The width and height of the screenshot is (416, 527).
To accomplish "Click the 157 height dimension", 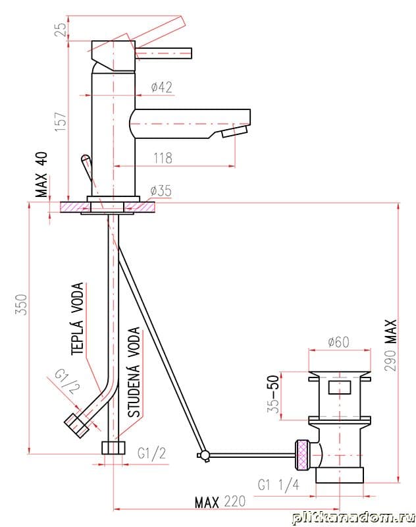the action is pyautogui.click(x=61, y=121).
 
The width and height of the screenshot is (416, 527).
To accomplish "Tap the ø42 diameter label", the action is pyautogui.click(x=161, y=88).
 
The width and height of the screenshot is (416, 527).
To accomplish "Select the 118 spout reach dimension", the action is pyautogui.click(x=163, y=158).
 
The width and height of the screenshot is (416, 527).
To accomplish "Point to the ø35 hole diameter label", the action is pyautogui.click(x=161, y=190).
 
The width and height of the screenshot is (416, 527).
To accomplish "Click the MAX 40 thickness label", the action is pyautogui.click(x=42, y=175).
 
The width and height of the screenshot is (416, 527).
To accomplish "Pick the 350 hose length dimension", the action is pyautogui.click(x=22, y=304).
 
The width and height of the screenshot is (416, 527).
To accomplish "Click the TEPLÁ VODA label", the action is pyautogui.click(x=77, y=318).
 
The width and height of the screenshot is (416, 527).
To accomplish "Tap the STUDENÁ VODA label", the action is pyautogui.click(x=134, y=372).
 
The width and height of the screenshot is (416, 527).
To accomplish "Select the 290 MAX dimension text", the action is pyautogui.click(x=390, y=345).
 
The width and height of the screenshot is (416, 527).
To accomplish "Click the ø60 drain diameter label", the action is pyautogui.click(x=338, y=342).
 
